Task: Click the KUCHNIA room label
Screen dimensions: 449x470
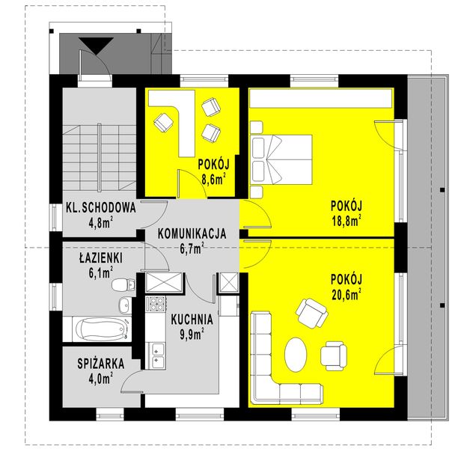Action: click(192, 318)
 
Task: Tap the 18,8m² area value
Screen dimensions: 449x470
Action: click(346, 219)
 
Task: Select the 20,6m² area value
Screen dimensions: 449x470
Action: click(346, 293)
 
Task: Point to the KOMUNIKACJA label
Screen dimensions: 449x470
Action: click(192, 233)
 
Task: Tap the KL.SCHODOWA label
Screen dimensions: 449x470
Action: click(100, 209)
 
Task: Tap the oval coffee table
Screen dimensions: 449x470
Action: click(297, 353)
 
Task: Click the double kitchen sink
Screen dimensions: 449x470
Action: click(157, 354)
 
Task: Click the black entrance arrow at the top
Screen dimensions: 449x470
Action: click(95, 47)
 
